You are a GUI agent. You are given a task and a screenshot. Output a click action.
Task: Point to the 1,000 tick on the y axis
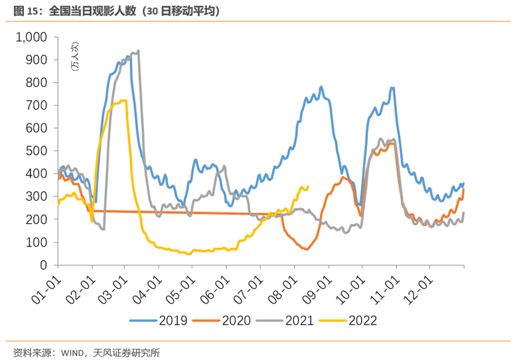click(31, 37)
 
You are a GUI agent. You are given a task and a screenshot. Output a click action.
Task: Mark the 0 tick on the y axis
click(44, 265)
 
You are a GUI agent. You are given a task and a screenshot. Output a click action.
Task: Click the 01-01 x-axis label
click(46, 285)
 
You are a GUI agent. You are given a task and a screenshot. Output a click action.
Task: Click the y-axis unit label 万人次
click(75, 58)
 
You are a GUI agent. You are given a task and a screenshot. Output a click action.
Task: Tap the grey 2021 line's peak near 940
click(139, 51)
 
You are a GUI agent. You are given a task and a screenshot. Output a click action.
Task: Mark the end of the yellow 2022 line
click(308, 186)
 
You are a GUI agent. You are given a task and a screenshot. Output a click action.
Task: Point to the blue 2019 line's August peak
click(321, 87)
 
